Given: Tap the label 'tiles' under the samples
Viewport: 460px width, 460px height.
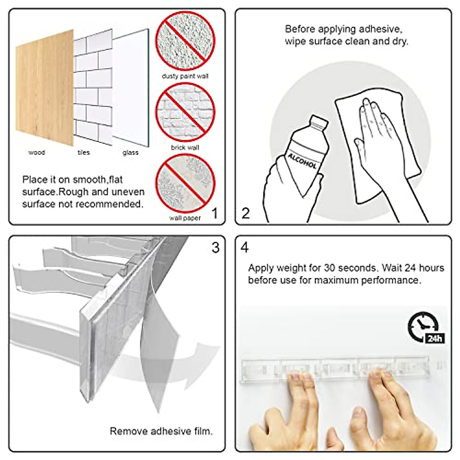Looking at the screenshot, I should tap(84, 153).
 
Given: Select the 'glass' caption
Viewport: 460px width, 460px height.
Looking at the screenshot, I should tap(130, 153).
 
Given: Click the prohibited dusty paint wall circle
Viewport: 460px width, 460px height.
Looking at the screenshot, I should tap(185, 41).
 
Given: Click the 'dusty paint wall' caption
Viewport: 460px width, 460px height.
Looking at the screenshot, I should tap(185, 76).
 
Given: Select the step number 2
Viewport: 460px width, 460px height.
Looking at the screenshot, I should tap(246, 213).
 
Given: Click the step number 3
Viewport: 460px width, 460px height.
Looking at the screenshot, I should tap(215, 248).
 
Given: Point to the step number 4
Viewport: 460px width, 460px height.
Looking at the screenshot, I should tap(245, 248).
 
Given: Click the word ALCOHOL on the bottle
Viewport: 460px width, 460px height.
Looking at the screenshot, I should tap(302, 160).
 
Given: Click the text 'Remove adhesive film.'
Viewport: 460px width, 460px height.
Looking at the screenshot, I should tap(161, 431).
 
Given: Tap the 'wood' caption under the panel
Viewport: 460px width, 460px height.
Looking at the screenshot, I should tap(37, 153).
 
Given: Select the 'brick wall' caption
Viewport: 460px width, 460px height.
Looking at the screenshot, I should tap(185, 148).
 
